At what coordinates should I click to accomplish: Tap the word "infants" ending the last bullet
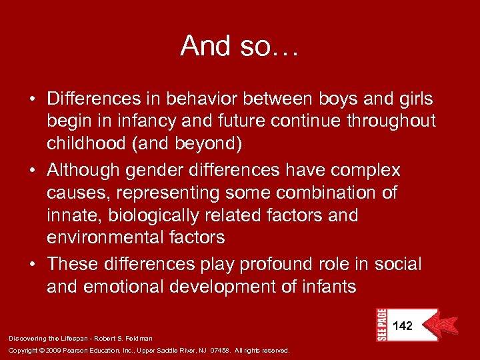click(x=325, y=287)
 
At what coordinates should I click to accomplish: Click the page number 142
click(x=403, y=326)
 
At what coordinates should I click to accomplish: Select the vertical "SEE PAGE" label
click(x=381, y=325)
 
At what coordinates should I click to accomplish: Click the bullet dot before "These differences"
click(x=32, y=265)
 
